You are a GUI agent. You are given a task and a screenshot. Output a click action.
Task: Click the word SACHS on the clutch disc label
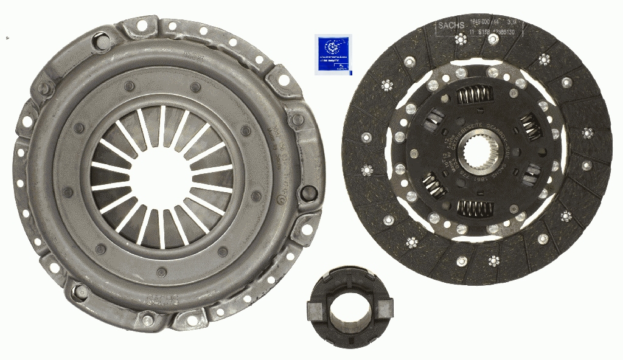(x=451, y=26)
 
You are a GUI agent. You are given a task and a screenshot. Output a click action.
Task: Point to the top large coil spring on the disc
(x=475, y=95)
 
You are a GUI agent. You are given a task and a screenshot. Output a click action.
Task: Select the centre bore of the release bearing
(x=344, y=306)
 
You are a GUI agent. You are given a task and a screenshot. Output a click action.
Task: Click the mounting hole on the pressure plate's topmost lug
(x=142, y=26)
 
